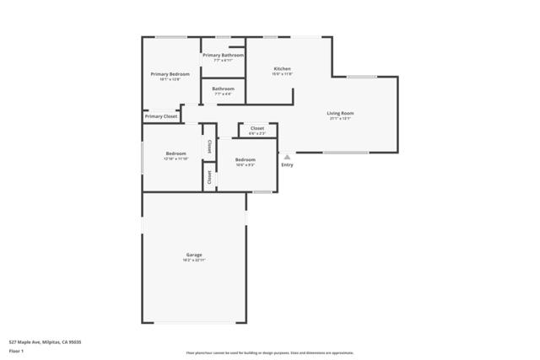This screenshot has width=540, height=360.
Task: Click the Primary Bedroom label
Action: (170, 74)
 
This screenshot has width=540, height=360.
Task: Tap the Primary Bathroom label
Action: (223, 55)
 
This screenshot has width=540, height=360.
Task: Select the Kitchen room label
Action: (282, 68)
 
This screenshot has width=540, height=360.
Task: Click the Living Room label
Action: (340, 113)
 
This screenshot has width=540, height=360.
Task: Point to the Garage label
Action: (194, 255)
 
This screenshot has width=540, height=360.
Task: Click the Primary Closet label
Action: (160, 116)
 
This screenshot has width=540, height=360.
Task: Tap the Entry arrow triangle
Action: (287, 156)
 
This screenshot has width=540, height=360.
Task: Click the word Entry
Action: (287, 164)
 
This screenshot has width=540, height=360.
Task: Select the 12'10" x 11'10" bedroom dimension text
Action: (175, 159)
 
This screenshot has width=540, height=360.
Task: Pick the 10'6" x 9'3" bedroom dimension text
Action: (245, 165)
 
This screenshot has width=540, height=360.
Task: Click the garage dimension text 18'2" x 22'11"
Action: (194, 261)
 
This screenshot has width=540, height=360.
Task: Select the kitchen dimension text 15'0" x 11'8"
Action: (282, 74)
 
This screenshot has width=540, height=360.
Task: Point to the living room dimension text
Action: (340, 119)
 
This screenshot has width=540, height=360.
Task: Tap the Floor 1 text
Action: (16, 350)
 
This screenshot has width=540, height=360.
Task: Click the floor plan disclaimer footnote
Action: (269, 353)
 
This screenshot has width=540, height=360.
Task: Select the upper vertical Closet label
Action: (209, 144)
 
